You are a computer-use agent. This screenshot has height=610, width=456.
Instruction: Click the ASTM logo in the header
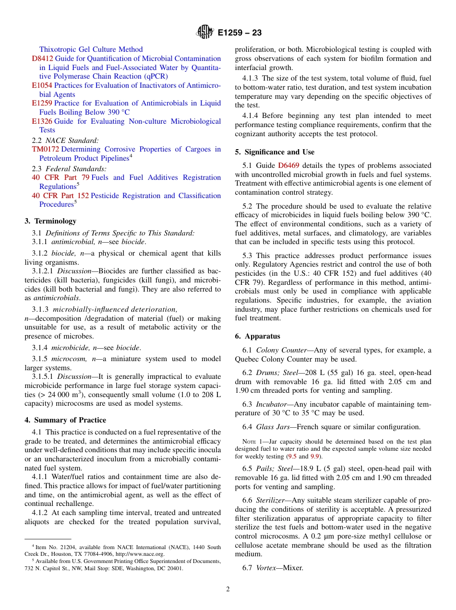click(x=205, y=33)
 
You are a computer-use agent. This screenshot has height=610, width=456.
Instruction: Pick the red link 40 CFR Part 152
click(x=60, y=196)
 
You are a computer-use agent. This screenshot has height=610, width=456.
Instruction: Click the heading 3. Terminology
click(x=50, y=221)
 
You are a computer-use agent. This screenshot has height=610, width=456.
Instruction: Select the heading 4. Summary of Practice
click(x=65, y=420)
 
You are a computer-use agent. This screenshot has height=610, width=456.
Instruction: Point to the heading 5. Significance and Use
click(x=275, y=152)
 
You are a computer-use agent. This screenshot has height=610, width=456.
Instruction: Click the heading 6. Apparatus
click(x=257, y=336)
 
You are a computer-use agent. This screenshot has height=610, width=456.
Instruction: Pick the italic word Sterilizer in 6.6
click(x=271, y=500)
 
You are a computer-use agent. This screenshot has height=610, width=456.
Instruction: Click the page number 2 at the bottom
click(x=228, y=589)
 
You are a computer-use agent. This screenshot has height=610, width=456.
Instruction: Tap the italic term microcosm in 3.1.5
click(x=67, y=359)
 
